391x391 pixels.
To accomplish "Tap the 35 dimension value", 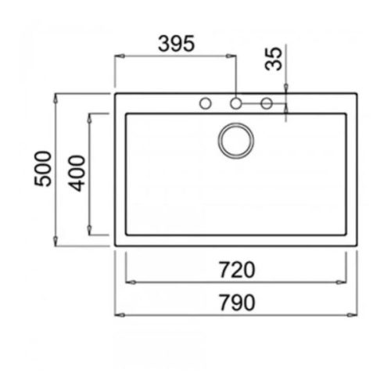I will coord(273,59).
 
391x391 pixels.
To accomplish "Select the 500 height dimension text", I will coord(44,167).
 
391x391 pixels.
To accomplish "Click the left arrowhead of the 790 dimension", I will coord(119,314).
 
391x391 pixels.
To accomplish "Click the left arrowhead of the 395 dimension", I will coord(119,56).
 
